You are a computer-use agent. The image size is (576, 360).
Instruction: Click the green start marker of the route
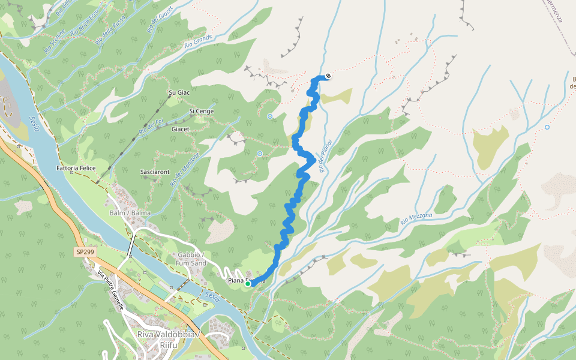(x=248, y=284)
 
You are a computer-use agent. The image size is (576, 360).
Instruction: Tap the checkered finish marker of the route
(x=328, y=76)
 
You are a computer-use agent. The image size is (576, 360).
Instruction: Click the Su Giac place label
(x=179, y=93)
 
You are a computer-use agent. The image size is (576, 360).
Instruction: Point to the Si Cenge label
(x=202, y=111)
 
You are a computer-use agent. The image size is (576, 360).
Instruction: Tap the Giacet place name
(x=181, y=129)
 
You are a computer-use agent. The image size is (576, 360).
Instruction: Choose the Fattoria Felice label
(x=76, y=169)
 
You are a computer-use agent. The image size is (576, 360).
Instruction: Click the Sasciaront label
(x=155, y=172)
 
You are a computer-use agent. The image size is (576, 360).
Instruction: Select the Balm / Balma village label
(x=130, y=213)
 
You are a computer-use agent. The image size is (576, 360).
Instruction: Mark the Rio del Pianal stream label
(x=326, y=158)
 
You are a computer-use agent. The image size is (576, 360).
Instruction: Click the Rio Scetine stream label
(x=55, y=41)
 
